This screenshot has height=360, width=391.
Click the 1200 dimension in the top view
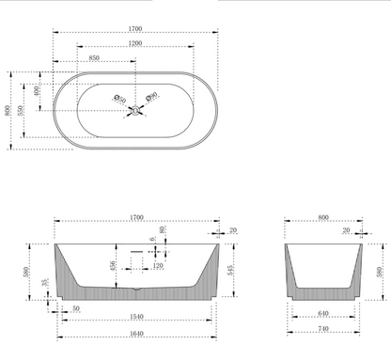point(136,43)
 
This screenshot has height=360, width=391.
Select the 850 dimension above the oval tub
point(95,58)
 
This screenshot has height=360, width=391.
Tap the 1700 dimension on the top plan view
point(136,29)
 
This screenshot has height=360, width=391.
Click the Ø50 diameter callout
point(119,97)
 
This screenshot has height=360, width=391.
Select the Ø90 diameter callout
point(151,97)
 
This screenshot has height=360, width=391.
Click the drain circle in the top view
point(135,111)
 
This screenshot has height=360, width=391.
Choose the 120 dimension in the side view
point(156,266)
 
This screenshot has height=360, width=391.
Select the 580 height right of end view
point(379,273)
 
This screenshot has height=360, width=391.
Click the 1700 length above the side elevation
point(137,217)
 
